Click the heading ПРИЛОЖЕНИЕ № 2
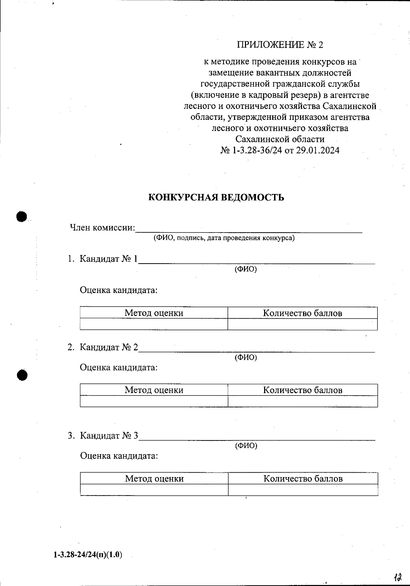coord(280,45)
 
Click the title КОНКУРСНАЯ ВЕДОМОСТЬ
coord(216,198)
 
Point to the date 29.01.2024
coord(317,150)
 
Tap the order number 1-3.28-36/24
coord(257,150)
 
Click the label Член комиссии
coord(102,227)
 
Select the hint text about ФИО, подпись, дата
coord(224,238)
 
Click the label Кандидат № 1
coord(109,259)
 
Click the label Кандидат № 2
coord(109,347)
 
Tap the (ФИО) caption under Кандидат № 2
coord(246,357)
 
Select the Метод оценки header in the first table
coord(154,313)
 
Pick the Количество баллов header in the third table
coord(303,478)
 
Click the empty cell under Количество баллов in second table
coord(303,401)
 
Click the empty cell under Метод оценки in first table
coord(154,324)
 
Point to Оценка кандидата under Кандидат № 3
coord(119,456)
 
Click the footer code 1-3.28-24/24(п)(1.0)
coord(88,555)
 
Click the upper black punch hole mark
coord(22,217)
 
